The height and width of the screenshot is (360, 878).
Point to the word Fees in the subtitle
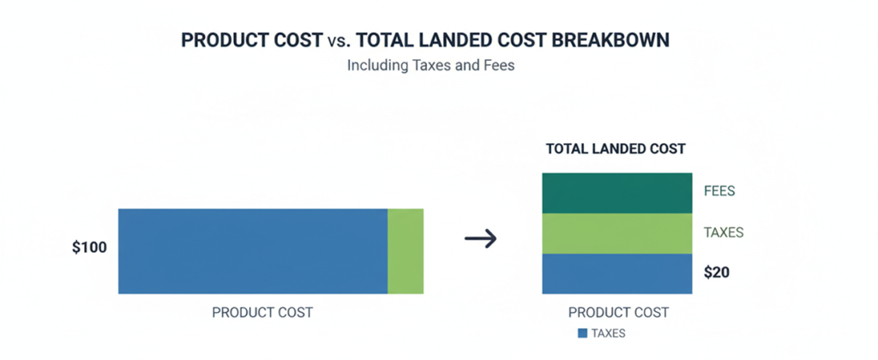point(497,65)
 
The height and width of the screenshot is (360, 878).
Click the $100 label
point(90,249)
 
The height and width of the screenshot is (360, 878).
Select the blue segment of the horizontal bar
point(253,251)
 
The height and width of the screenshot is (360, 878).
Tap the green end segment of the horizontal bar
point(406,251)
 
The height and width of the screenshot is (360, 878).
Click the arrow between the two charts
point(480,238)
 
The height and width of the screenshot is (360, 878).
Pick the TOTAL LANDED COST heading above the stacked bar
point(616,148)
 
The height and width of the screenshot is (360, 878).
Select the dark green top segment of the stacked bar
point(616,193)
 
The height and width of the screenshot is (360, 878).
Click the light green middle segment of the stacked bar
point(616,233)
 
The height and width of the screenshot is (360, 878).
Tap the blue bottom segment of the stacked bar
point(616,273)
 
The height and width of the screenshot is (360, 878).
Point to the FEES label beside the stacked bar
point(719,191)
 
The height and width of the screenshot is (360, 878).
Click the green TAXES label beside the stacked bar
point(723,232)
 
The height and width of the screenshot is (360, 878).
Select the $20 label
point(717,273)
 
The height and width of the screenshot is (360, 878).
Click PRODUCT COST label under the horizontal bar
point(262,313)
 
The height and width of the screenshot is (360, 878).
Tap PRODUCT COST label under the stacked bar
point(618,313)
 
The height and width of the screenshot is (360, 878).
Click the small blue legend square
point(583,333)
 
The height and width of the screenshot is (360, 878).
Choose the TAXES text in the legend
point(608,333)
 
